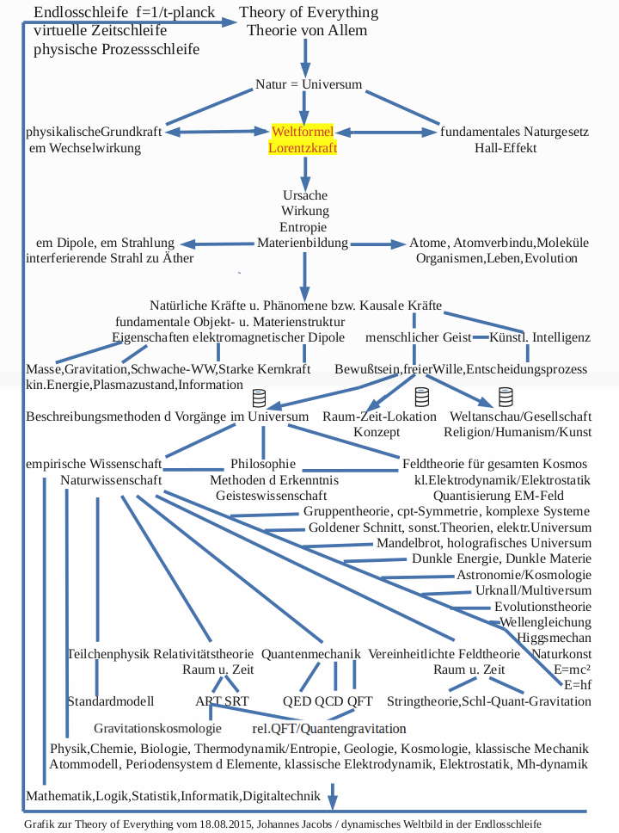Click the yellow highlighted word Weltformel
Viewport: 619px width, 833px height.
302,132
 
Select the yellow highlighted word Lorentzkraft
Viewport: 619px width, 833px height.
302,147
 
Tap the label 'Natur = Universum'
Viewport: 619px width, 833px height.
309,84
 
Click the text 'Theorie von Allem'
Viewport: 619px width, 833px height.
307,30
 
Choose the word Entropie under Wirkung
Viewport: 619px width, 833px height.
304,226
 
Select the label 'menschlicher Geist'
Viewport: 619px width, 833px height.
419,337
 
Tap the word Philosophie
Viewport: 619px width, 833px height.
263,464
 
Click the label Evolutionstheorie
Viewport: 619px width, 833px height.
542,606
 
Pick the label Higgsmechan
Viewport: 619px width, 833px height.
555,638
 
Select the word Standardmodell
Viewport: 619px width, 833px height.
110,700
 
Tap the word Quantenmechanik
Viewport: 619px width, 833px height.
311,654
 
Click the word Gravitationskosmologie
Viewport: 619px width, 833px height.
163,728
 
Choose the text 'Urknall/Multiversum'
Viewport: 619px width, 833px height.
533,590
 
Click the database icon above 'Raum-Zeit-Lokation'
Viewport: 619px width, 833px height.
421,397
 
